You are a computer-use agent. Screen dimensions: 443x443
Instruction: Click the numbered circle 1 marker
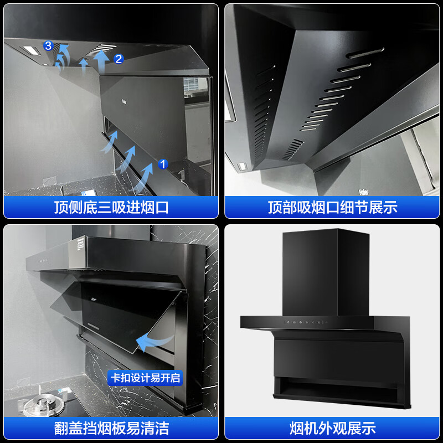click(163, 164)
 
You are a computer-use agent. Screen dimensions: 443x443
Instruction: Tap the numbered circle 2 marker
click(119, 58)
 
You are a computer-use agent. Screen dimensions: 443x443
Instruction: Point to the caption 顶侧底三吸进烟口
click(111, 208)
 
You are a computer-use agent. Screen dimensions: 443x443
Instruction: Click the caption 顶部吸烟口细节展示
click(333, 208)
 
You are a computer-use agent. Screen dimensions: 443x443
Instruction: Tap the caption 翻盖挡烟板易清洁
click(111, 427)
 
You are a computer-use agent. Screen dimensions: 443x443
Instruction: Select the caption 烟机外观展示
click(333, 427)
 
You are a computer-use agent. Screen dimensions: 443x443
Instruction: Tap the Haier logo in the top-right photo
click(364, 191)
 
